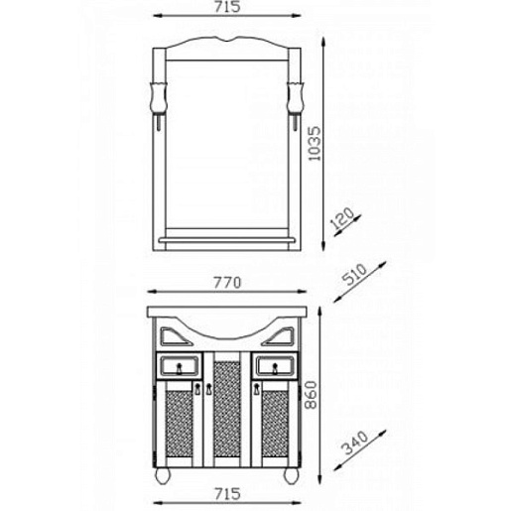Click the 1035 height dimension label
click(x=315, y=144)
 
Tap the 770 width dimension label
click(x=227, y=283)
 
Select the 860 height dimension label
click(x=311, y=395)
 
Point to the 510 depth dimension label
click(x=354, y=274)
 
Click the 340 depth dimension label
click(x=354, y=443)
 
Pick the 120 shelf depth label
click(x=342, y=218)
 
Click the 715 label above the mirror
click(x=227, y=7)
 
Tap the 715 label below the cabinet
click(x=227, y=494)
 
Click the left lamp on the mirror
click(x=159, y=104)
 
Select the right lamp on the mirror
click(x=295, y=104)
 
